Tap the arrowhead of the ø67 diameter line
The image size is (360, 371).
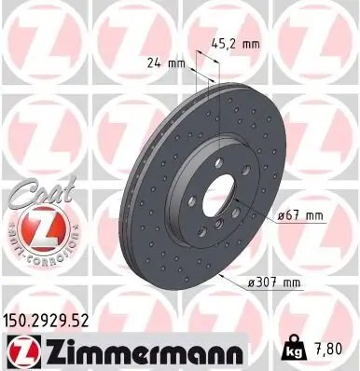pyautogui.click(x=253, y=213)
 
